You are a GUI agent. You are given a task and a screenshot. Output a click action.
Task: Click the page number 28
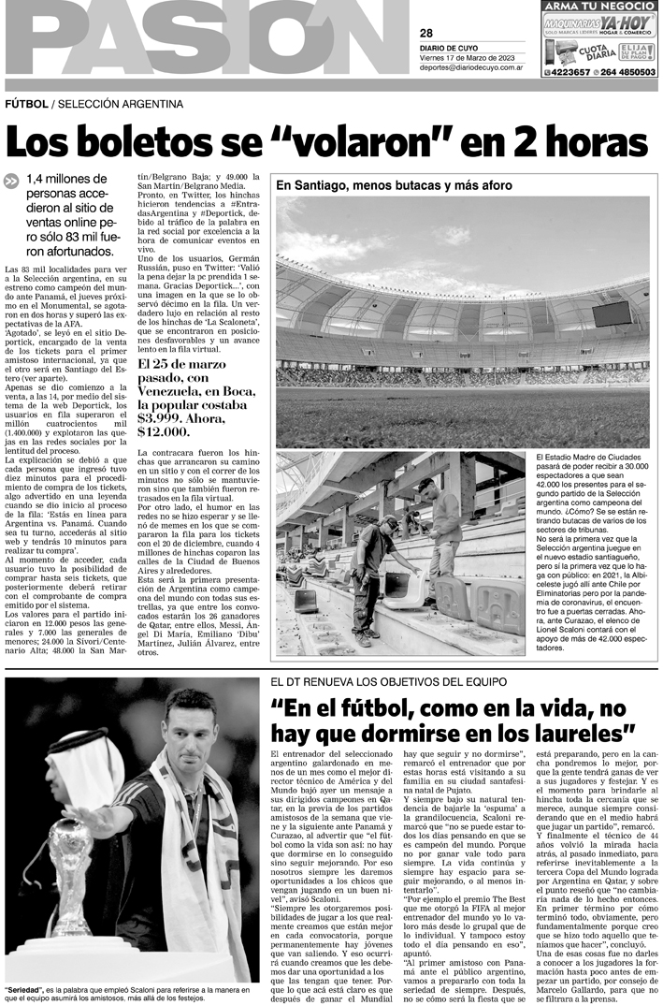pyautogui.click(x=426, y=34)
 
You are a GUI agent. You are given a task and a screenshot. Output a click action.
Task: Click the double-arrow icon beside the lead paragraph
pyautogui.click(x=11, y=182)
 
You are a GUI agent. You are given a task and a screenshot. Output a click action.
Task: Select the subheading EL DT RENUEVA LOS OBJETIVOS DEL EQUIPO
pyautogui.click(x=388, y=681)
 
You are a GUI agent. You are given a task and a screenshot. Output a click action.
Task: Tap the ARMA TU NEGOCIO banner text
pyautogui.click(x=598, y=6)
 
